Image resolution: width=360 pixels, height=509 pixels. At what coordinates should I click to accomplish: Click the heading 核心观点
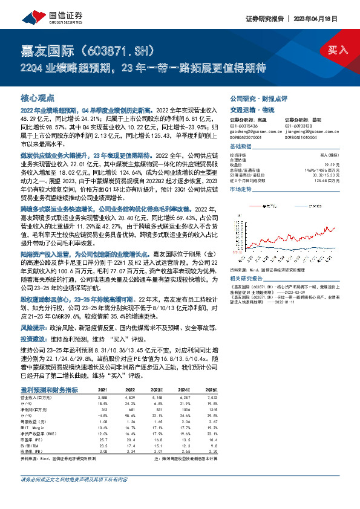pos(38,97)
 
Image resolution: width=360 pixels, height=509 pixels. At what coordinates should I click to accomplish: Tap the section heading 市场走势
pos(240,189)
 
